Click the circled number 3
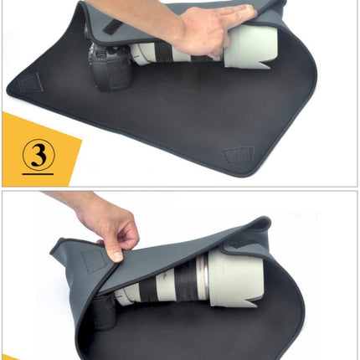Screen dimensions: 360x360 (x=38, y=155)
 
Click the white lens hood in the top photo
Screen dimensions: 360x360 (x=247, y=46)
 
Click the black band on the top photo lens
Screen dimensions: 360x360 (x=198, y=54)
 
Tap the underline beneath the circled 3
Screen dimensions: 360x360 (x=38, y=172)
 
